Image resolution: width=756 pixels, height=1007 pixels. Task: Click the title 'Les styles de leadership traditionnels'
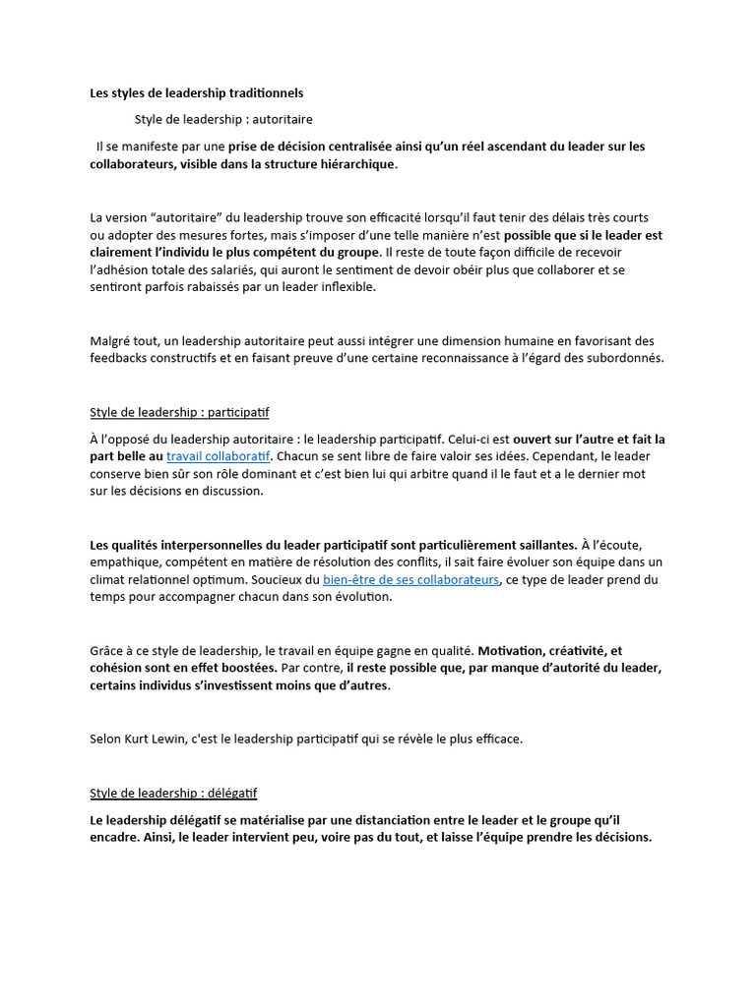197,93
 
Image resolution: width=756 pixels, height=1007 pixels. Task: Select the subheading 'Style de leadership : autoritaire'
223,120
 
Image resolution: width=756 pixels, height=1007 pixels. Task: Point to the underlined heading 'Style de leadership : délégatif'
173,793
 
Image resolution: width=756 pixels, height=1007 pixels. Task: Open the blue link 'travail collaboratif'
219,456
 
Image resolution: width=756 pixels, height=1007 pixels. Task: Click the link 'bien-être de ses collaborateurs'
411,579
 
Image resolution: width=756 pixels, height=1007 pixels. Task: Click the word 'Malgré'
111,340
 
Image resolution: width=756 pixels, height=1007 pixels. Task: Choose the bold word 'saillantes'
542,544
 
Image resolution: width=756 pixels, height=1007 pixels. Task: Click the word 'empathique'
122,562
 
